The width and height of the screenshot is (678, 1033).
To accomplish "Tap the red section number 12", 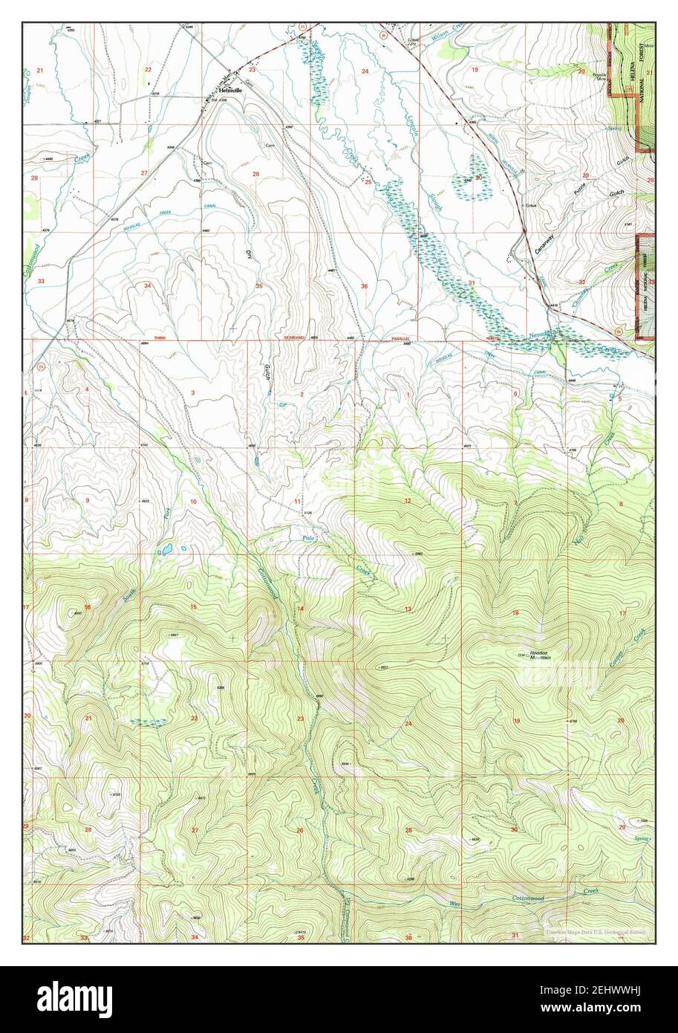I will tap(408, 502).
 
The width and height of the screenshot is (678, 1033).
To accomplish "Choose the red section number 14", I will tap(301, 609).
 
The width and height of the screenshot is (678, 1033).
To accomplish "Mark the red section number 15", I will tap(194, 608).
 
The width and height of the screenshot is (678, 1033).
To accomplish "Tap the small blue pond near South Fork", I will tap(164, 551).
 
